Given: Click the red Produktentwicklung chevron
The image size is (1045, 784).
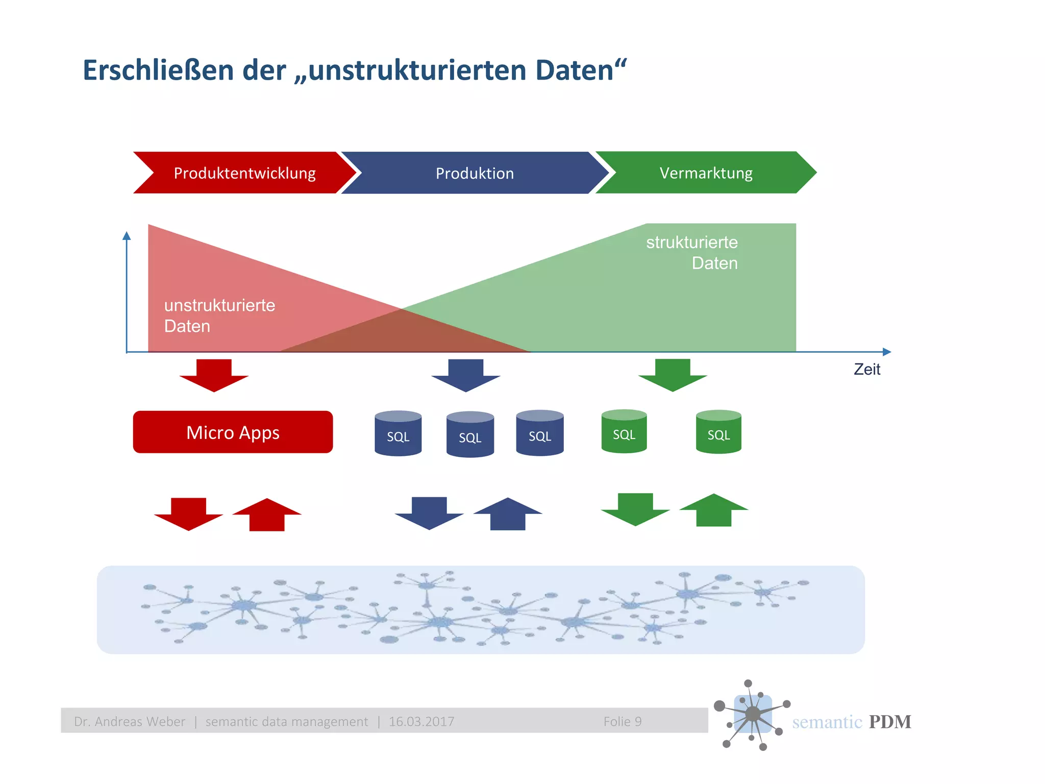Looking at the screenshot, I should (x=244, y=173).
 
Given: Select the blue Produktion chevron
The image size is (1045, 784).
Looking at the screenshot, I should (x=475, y=173).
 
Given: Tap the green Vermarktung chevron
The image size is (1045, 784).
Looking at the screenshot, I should (x=706, y=173).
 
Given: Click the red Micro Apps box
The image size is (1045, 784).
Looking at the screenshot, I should (x=233, y=432).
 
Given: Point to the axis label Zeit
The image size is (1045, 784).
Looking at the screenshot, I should (x=867, y=369).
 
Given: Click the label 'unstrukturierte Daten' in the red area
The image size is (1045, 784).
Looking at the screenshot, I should (x=219, y=315).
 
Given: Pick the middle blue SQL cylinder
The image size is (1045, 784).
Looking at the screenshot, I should (x=470, y=434).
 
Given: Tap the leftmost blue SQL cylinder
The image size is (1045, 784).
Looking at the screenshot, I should (x=398, y=433).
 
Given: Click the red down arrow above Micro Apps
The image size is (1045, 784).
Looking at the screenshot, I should (x=214, y=375).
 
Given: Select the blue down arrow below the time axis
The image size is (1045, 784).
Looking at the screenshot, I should (x=465, y=375).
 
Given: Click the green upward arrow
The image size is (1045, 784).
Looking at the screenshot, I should (x=714, y=510).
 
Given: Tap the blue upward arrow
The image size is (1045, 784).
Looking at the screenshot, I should (x=508, y=514).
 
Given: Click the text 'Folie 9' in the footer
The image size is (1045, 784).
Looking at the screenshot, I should (x=623, y=721).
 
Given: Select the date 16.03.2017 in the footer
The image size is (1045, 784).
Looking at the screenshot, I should (x=421, y=721).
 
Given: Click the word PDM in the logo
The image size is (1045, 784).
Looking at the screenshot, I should (x=890, y=722).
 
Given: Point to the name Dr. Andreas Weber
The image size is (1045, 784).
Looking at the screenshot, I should (x=130, y=721).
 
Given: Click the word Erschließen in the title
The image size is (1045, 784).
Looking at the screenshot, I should (x=158, y=70).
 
